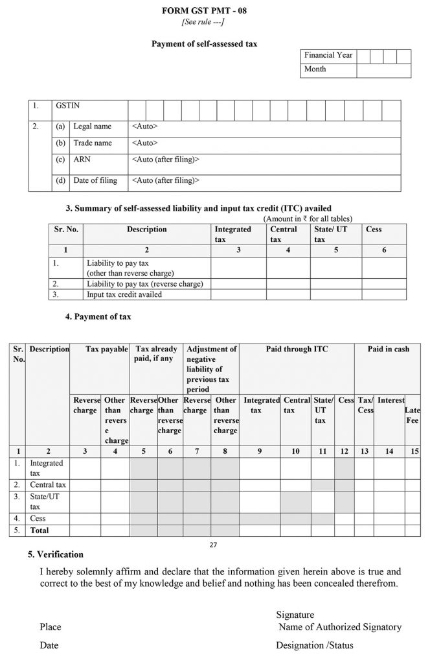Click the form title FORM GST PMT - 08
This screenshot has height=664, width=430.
tap(214, 11)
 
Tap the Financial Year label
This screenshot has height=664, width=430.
tap(328, 55)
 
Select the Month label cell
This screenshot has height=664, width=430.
tap(315, 69)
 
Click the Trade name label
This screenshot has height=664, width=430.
tap(93, 143)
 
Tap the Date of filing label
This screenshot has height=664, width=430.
tap(95, 180)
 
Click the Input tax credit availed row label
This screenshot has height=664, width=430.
tap(124, 294)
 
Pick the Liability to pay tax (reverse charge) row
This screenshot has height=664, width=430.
tap(145, 283)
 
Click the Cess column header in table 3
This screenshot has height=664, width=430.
tap(374, 230)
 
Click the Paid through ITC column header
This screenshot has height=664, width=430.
tap(297, 350)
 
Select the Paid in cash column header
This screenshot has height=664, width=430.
tap(389, 350)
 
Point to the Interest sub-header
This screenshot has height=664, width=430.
tap(390, 401)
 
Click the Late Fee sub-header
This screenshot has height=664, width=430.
tap(412, 415)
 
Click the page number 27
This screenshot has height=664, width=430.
tap(214, 545)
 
